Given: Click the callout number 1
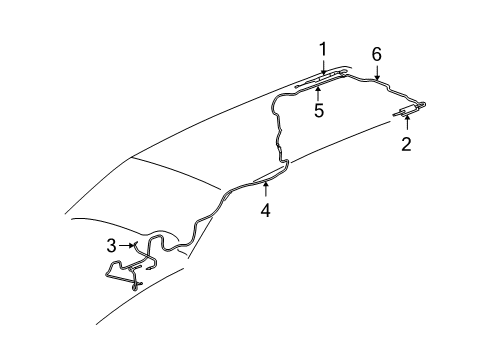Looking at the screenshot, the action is (x=323, y=48).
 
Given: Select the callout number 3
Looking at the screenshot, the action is (x=112, y=245).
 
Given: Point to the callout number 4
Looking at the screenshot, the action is (x=265, y=211).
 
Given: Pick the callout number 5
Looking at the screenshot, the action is (x=319, y=110).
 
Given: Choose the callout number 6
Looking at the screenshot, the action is (x=376, y=53).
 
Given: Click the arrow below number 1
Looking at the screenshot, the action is (x=323, y=67).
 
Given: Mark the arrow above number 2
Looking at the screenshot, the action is (x=406, y=123).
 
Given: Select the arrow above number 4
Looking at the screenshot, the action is (x=265, y=190).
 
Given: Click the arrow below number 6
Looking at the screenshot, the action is (x=376, y=72).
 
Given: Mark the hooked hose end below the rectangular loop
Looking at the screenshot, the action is (x=137, y=285).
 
